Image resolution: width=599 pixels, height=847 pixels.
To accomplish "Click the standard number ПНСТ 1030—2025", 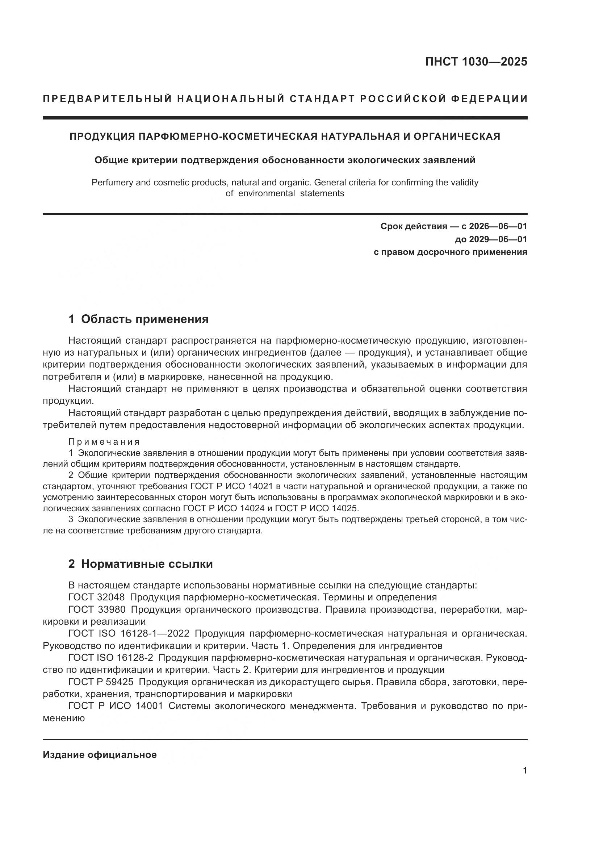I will [x=476, y=62].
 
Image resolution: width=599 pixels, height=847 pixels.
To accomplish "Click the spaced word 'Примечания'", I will [x=104, y=441].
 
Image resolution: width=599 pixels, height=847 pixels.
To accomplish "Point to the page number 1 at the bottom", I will [x=524, y=781].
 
